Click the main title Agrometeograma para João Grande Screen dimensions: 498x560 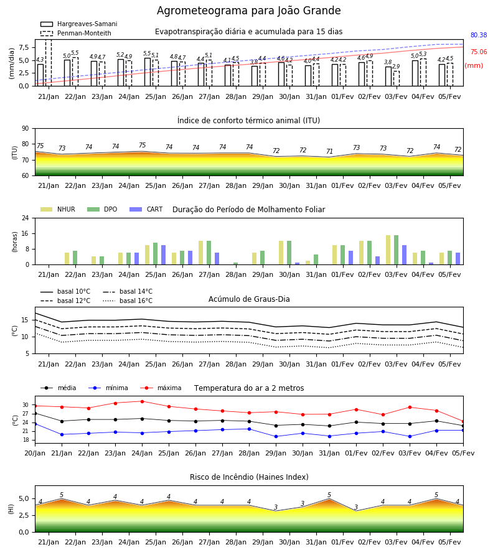[248, 11]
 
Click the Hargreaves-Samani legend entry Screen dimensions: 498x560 [78, 24]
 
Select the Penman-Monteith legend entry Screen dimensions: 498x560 [76, 33]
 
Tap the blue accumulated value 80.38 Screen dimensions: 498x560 [479, 35]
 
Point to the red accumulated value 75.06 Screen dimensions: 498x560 [479, 52]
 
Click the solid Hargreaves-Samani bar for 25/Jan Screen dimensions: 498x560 [148, 72]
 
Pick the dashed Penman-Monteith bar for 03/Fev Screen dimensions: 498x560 [397, 78]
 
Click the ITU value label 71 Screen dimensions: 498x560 [329, 151]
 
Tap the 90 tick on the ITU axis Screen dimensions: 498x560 [26, 129]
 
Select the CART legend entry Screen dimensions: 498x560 [146, 209]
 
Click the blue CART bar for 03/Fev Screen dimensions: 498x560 [405, 255]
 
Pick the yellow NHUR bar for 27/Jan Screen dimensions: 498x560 [201, 253]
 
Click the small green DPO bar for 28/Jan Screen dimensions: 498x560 [236, 264]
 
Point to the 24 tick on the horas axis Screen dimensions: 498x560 [26, 218]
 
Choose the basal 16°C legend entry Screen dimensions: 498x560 [128, 301]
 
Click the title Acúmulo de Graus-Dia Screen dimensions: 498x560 [249, 299]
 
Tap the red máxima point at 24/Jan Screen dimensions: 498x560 [142, 401]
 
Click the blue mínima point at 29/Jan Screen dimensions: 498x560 [276, 436]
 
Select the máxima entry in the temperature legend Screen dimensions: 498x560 [161, 388]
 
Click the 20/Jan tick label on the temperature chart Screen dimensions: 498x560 [35, 453]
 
